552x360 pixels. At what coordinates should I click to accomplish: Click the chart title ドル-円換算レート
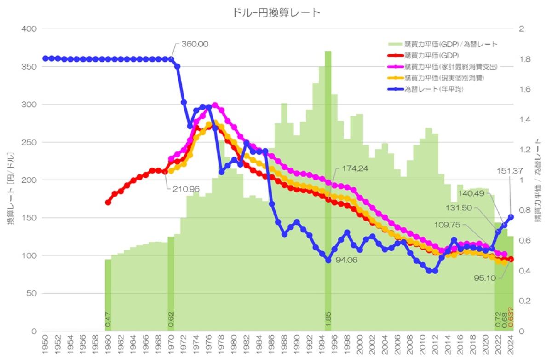(x=276, y=12)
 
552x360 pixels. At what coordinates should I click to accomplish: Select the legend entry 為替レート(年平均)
(x=433, y=89)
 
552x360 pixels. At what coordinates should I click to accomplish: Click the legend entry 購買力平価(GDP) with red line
(x=431, y=56)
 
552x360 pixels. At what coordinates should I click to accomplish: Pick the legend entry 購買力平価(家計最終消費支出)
(x=450, y=67)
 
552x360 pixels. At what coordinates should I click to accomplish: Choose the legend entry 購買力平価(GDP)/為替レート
(x=450, y=45)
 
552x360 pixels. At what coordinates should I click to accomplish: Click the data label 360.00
(x=194, y=44)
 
